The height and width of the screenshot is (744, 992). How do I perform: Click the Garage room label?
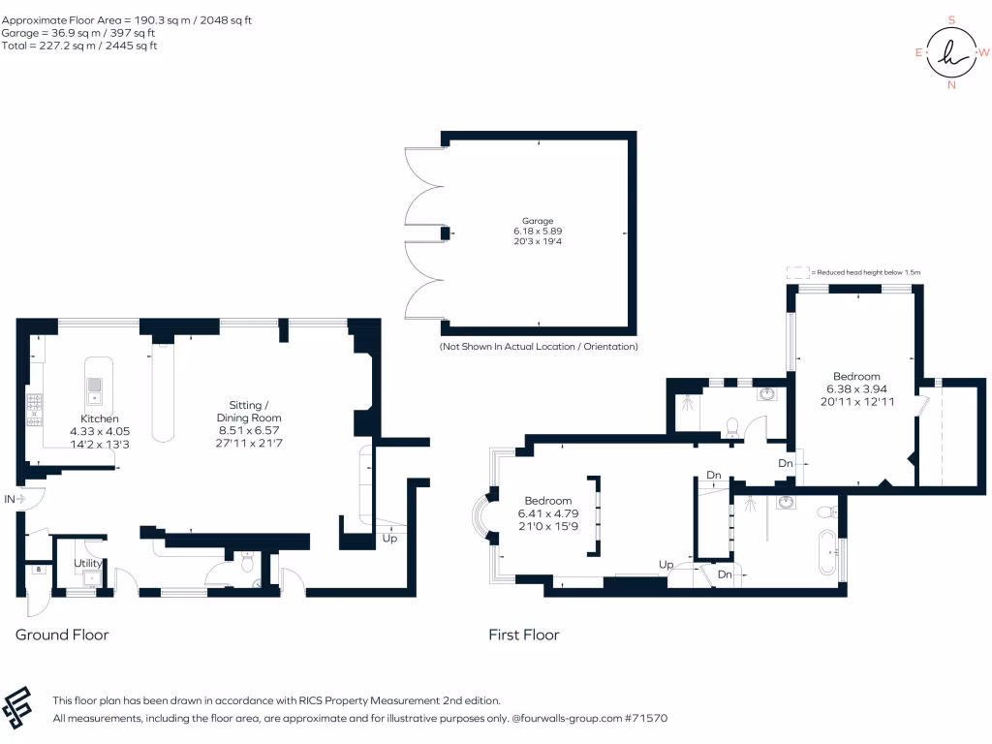tap(538, 221)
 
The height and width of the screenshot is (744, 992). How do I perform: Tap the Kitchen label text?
tap(100, 418)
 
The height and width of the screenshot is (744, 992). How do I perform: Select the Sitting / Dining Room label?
tap(249, 411)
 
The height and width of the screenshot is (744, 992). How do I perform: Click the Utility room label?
tap(88, 563)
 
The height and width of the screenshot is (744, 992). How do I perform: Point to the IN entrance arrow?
tap(20, 499)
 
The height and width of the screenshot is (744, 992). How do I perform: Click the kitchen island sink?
tap(94, 390)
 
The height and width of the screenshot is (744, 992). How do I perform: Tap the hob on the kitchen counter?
tap(34, 410)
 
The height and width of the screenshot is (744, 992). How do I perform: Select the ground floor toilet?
tap(247, 560)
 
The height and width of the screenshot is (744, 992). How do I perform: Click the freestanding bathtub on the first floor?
tap(827, 552)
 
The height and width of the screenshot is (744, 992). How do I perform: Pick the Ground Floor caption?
tap(62, 635)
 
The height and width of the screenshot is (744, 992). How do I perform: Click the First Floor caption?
tap(524, 635)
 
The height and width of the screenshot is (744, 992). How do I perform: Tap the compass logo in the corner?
tap(951, 52)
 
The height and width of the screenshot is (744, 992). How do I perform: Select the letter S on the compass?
tap(951, 19)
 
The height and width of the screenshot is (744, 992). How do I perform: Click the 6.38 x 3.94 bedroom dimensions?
tap(856, 389)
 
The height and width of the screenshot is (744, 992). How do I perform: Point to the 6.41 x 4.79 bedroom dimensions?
tap(548, 513)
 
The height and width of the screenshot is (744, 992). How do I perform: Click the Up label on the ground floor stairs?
tap(389, 539)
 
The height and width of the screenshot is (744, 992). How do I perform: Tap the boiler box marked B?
tap(39, 570)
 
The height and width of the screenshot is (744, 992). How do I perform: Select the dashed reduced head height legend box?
tap(798, 272)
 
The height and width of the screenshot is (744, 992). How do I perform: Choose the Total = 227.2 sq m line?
tap(79, 46)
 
